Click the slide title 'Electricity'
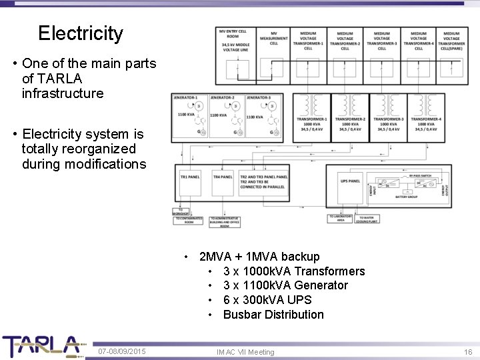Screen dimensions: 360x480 [81, 33]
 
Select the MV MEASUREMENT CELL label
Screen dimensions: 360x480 [274, 39]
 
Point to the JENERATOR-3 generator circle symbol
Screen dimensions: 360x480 [271, 107]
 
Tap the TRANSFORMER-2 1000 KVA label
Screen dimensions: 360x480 [350, 123]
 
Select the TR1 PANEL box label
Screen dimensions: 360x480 [190, 177]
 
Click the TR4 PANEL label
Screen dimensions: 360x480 [223, 177]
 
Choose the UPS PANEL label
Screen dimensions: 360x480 [350, 181]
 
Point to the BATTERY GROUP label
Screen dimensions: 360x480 [407, 197]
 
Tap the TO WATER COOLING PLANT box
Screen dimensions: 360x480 [369, 218]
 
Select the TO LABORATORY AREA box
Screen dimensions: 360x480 [339, 218]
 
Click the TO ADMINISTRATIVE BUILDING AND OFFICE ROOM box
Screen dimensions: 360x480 [224, 222]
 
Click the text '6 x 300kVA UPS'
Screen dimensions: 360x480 [267, 300]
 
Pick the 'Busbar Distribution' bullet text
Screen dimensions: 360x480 [273, 315]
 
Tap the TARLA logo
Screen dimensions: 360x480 [41, 346]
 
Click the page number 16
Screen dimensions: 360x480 [467, 351]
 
